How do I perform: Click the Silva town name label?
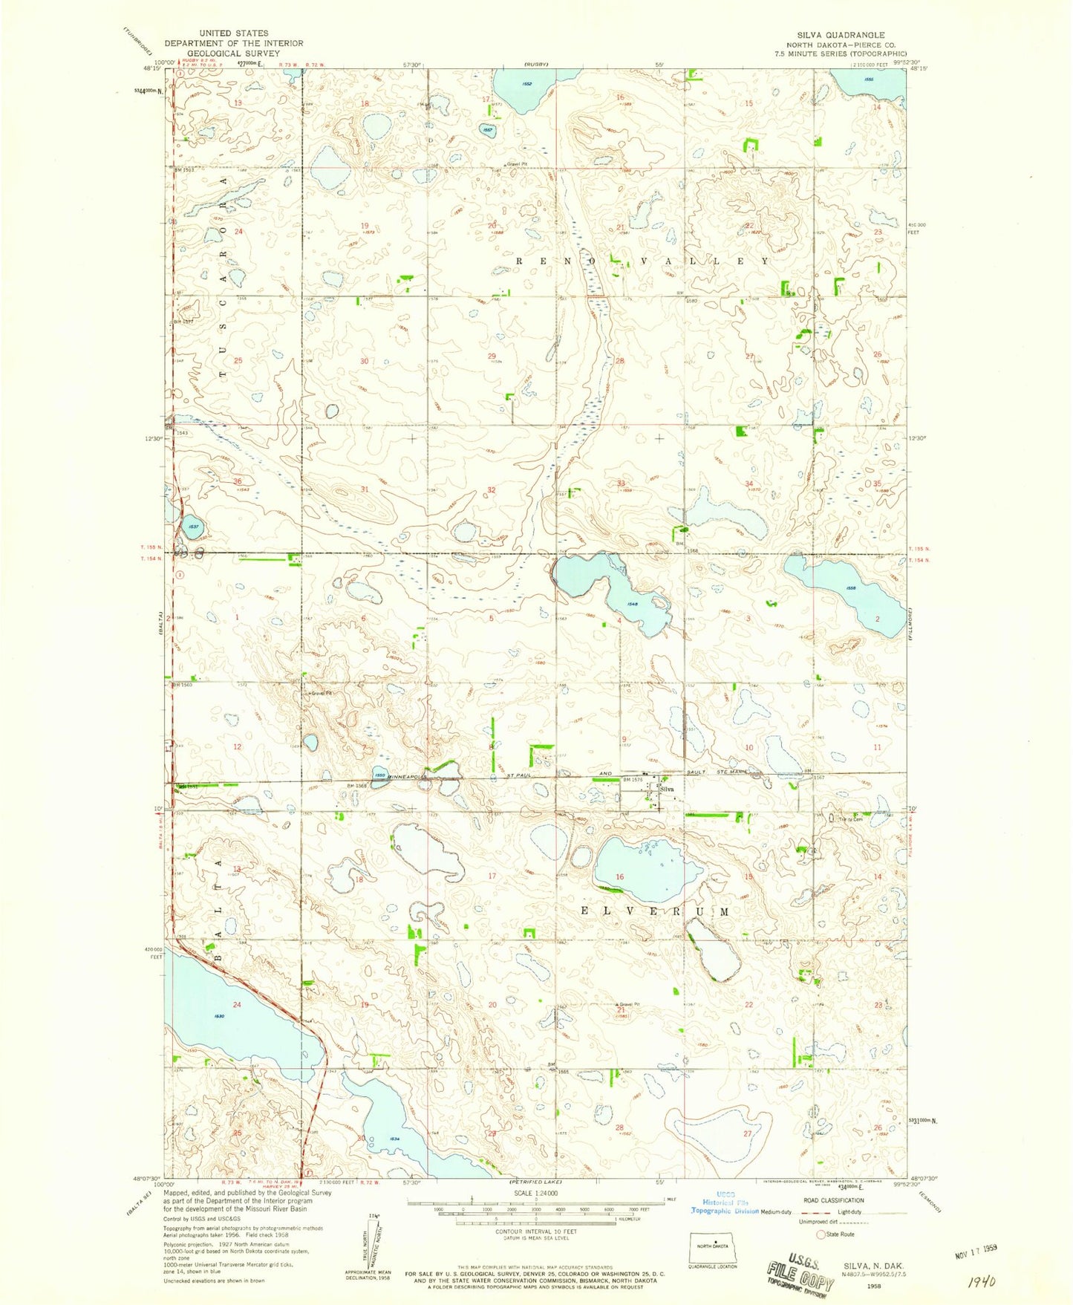pos(667,790)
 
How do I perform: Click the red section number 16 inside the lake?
pos(620,877)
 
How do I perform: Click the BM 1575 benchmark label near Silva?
pos(632,779)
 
